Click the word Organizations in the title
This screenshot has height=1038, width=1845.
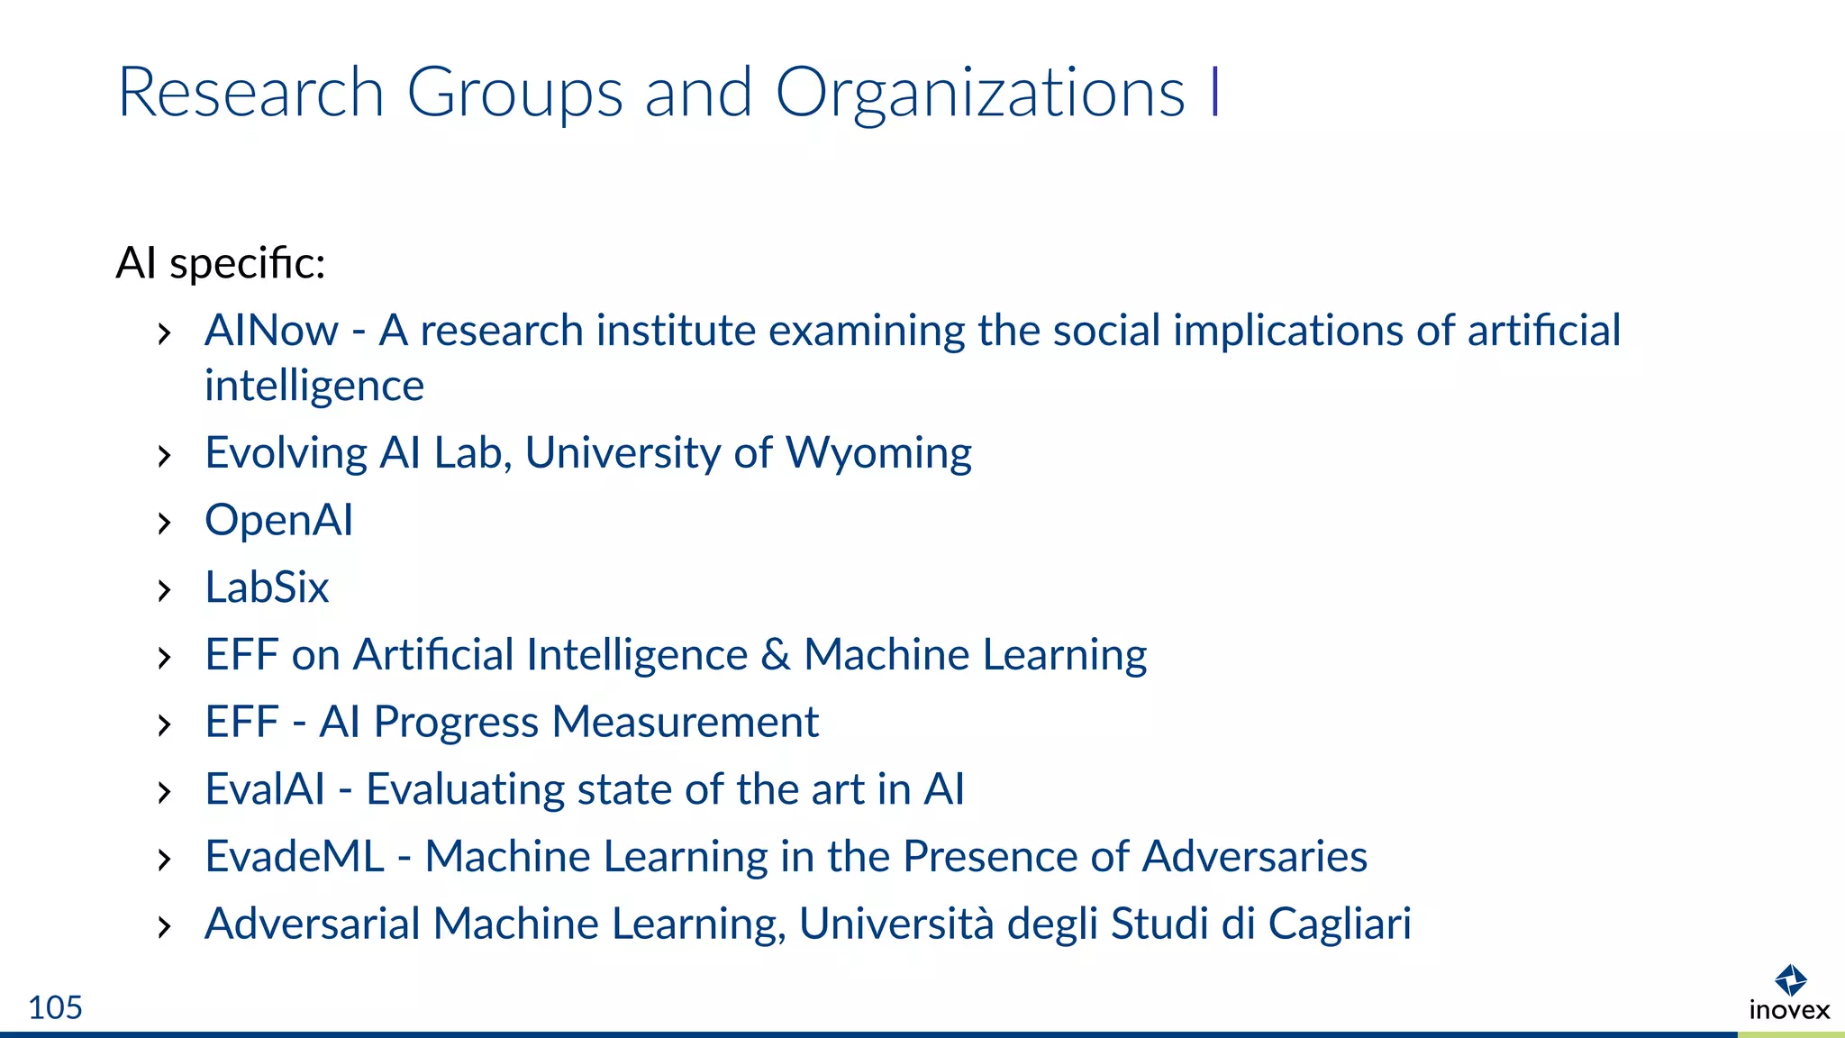979,94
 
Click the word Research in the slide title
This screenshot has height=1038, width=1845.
251,94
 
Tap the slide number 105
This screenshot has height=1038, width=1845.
55,1007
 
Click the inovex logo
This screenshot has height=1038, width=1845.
1789,993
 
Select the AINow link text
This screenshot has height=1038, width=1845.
271,331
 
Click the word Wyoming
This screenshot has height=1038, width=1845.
878,453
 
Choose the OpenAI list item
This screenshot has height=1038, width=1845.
279,521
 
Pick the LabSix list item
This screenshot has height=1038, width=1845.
267,587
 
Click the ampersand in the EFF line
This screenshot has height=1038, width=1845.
775,655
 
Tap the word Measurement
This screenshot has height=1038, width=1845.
685,723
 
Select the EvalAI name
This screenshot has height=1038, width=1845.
265,789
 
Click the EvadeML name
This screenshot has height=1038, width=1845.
295,857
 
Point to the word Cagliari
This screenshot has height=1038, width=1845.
1340,924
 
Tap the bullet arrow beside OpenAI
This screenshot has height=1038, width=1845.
164,524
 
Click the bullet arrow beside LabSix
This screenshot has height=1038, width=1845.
164,591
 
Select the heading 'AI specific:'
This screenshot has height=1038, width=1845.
221,264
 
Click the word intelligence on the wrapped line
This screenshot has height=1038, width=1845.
314,387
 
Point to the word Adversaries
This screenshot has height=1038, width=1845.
1254,857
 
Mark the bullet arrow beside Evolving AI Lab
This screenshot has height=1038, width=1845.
164,456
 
